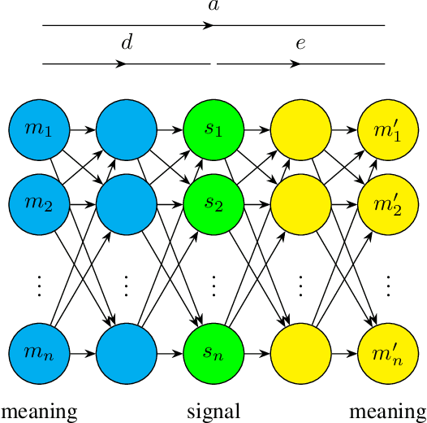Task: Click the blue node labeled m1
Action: (x=39, y=129)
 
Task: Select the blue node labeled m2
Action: (x=39, y=202)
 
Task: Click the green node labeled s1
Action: (x=213, y=129)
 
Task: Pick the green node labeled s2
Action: (x=213, y=202)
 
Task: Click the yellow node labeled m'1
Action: (x=388, y=129)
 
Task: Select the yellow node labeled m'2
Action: (x=388, y=202)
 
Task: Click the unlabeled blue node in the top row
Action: (x=126, y=129)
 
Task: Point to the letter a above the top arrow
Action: (x=213, y=7)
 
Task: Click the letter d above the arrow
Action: (x=126, y=43)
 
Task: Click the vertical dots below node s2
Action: (x=213, y=286)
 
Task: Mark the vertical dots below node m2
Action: (x=39, y=286)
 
